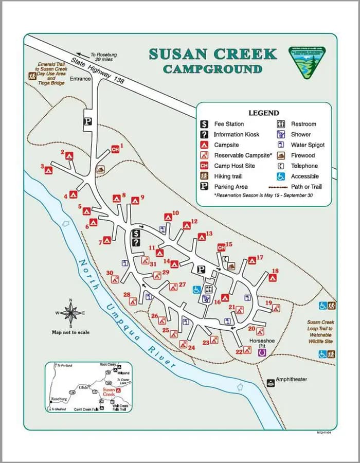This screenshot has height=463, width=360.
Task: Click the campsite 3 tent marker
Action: tap(49, 170)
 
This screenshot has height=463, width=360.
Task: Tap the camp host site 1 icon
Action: tap(116, 149)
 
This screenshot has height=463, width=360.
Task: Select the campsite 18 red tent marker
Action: tap(273, 278)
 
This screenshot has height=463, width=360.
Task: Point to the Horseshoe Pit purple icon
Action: tap(262, 352)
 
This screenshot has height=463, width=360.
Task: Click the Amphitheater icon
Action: tap(271, 383)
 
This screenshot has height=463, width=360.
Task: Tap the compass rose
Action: tap(71, 312)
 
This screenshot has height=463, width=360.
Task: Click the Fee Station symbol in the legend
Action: tap(204, 124)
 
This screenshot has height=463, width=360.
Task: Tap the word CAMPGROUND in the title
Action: tap(212, 69)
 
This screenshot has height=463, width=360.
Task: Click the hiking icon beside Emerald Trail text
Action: tap(32, 76)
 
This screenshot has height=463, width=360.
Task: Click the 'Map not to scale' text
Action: tap(70, 332)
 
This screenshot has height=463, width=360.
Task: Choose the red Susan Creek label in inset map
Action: tap(109, 393)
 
